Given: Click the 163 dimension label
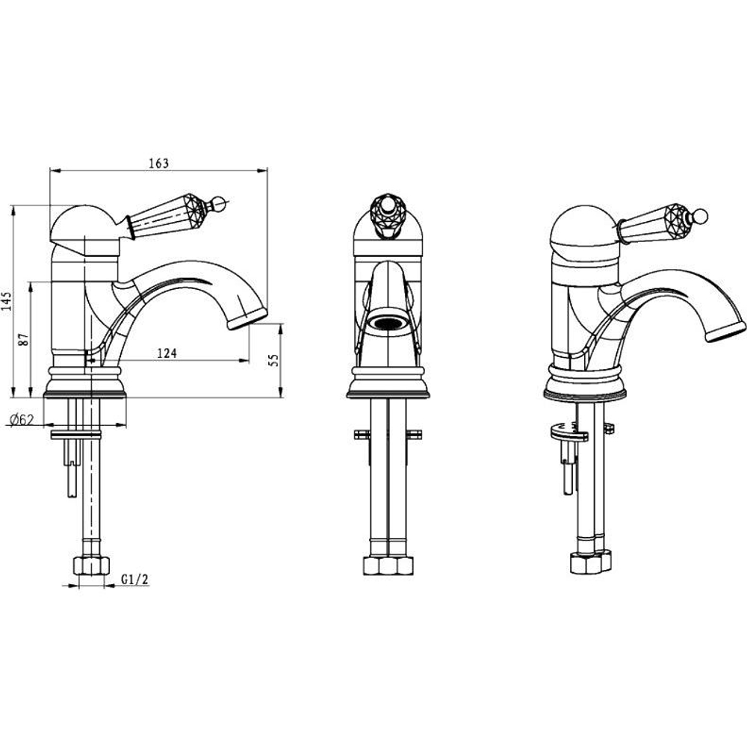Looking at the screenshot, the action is (x=159, y=163).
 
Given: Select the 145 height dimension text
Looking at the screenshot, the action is (x=7, y=301).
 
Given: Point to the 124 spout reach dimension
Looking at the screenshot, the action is (x=167, y=353).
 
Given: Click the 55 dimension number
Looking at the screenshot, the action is (x=273, y=360).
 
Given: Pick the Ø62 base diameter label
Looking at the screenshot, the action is (x=21, y=420).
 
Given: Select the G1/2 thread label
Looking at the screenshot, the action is (x=134, y=580).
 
